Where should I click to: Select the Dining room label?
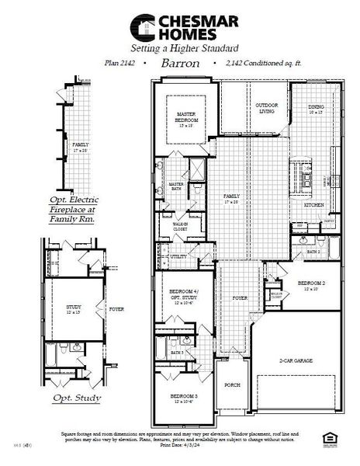point(316,109)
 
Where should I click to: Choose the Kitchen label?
point(313,205)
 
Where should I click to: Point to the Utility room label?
point(178,256)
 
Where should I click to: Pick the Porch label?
point(230,384)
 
